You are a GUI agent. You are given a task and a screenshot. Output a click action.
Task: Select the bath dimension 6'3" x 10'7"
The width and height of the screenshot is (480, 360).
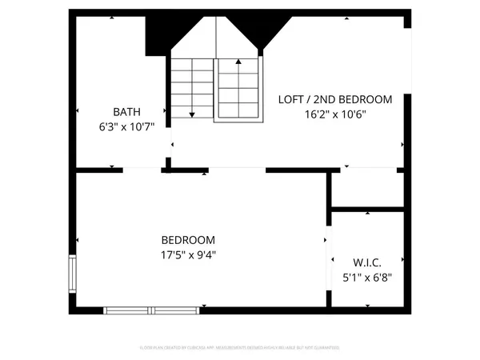pyautogui.click(x=121, y=126)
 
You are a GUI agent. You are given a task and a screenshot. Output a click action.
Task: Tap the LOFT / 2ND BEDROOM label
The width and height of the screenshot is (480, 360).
pyautogui.click(x=335, y=100)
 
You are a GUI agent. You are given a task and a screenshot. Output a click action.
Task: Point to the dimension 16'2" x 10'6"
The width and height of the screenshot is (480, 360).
pyautogui.click(x=335, y=114)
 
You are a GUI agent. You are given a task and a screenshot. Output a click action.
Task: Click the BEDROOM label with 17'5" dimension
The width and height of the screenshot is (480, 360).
pyautogui.click(x=188, y=240)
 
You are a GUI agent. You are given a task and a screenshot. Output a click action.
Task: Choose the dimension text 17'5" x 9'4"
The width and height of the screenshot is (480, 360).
pyautogui.click(x=188, y=255)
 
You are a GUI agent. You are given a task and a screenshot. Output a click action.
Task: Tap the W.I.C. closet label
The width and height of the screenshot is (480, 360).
pyautogui.click(x=367, y=262)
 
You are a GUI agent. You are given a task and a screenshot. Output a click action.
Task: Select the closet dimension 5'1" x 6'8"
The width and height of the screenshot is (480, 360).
pyautogui.click(x=367, y=278)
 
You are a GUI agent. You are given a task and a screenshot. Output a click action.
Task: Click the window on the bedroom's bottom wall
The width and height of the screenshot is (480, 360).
pyautogui.click(x=151, y=310)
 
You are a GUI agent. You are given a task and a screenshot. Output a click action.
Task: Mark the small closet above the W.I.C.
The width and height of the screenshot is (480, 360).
pyautogui.click(x=367, y=190)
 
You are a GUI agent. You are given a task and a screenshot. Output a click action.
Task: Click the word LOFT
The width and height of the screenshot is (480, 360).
pyautogui.click(x=290, y=100)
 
